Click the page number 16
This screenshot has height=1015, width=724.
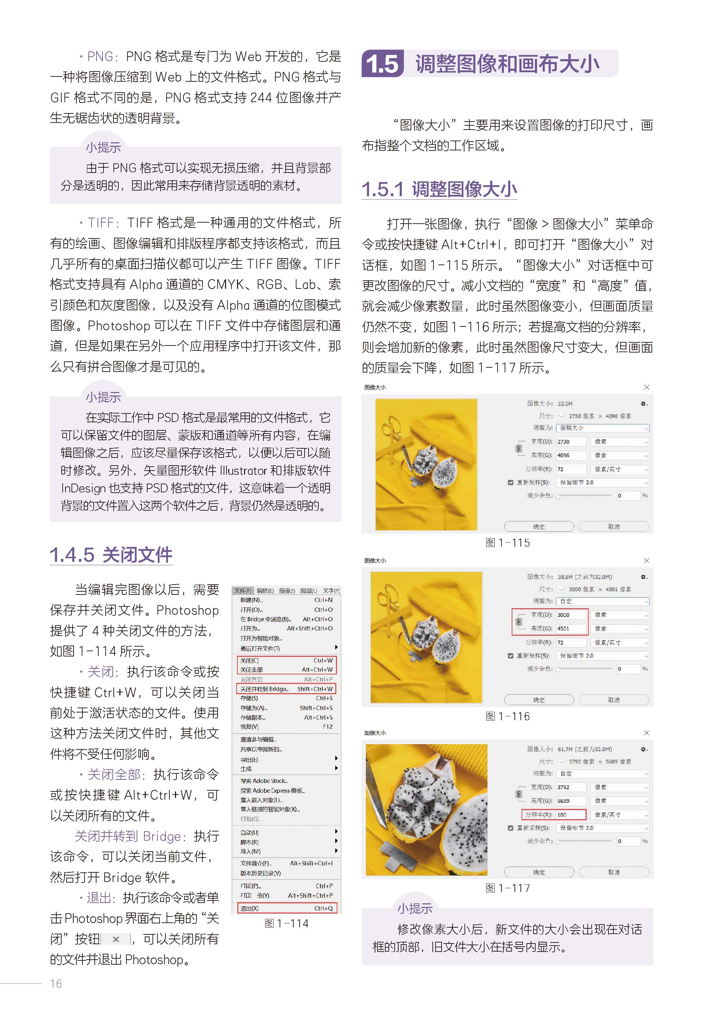(56, 983)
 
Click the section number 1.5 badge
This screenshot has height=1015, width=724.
(382, 64)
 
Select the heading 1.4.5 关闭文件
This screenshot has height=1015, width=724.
(111, 555)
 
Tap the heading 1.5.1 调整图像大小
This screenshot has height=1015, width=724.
(439, 189)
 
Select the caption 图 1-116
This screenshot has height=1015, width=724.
(507, 716)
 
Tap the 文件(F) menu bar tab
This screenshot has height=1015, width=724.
(243, 591)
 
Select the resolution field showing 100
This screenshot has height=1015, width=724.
(570, 814)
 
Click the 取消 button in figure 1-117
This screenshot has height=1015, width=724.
(613, 872)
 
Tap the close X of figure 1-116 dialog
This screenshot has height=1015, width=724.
(647, 560)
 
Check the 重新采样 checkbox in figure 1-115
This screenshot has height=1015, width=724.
(511, 482)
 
